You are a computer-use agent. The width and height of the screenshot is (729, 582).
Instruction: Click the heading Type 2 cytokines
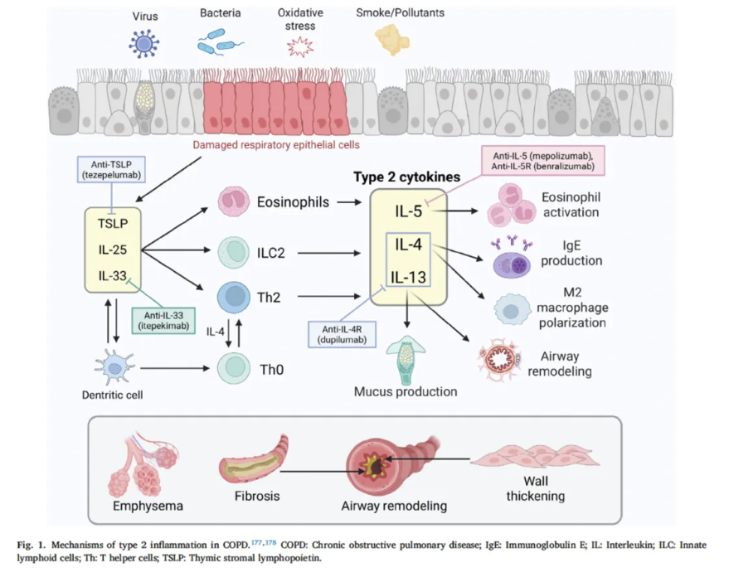[x=406, y=177]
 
